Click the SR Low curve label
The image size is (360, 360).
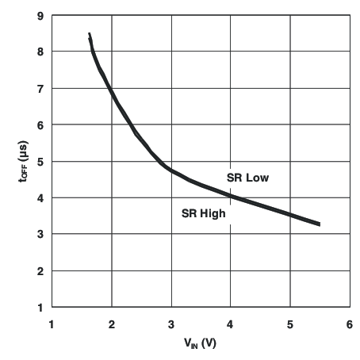(248, 178)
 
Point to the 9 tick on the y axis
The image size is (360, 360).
(40, 15)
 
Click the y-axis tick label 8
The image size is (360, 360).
(40, 52)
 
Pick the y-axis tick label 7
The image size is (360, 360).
(40, 88)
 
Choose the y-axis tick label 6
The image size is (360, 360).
(40, 124)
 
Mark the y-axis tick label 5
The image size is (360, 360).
(40, 161)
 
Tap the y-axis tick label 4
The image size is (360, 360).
(40, 197)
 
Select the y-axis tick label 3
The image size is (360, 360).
(40, 234)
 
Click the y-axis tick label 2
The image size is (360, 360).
(40, 270)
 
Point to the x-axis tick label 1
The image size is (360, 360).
(52, 323)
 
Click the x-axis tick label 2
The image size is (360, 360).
(112, 323)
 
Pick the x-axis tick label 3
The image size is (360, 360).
(171, 323)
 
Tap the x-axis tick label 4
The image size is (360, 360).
(231, 323)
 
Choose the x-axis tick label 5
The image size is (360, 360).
(290, 323)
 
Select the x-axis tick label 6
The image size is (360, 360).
(350, 323)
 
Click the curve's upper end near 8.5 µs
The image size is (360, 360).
(89, 34)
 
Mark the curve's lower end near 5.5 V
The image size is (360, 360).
(320, 224)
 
